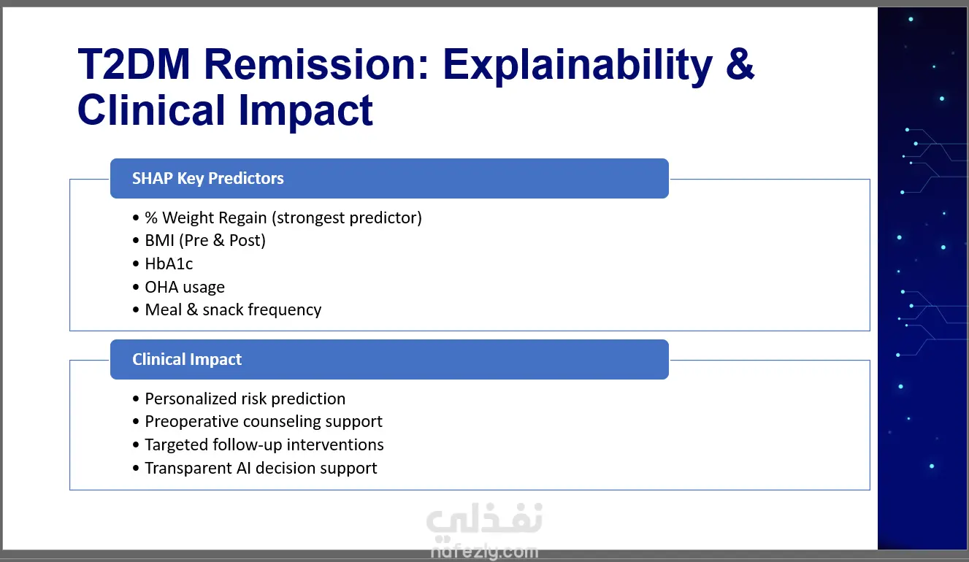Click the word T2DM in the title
134,64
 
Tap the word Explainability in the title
578,66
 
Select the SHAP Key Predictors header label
207,179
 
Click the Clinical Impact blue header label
187,359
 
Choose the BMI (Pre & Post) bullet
205,240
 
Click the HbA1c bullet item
169,263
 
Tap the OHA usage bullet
185,287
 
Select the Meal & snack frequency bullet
233,310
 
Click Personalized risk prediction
245,399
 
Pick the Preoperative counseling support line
264,422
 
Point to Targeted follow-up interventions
264,444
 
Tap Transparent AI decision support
261,468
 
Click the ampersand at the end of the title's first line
740,64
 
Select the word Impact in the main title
305,111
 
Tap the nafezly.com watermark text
485,552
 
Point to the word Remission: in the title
316,64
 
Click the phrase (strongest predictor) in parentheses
347,218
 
